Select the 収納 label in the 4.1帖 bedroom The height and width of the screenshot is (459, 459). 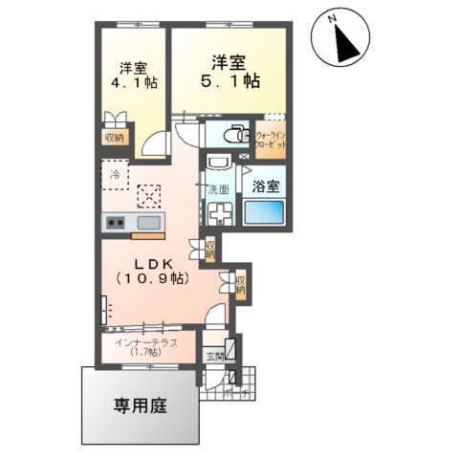(114, 137)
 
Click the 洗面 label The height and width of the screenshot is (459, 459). (218, 189)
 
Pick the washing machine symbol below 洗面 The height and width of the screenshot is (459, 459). (222, 213)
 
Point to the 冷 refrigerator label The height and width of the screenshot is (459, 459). (115, 176)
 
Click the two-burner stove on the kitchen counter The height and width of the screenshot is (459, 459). (116, 224)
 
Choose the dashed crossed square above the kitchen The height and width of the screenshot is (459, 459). (148, 195)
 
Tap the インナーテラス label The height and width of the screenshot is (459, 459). (142, 341)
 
